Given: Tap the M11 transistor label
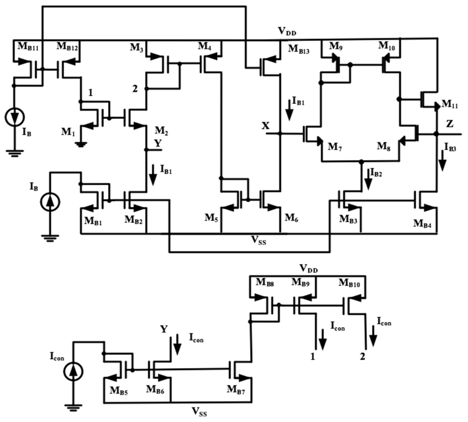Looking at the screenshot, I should point(449,104).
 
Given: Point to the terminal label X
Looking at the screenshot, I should point(266,126).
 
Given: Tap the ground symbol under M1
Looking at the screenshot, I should point(81,144).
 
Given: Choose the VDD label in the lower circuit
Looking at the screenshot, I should point(309,269).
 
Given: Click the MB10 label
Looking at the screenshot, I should point(349,283).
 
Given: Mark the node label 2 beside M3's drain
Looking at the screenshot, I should point(135,89).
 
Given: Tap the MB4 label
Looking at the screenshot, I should point(422,223).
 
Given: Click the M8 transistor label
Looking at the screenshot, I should point(384,147).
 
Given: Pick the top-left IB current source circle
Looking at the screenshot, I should point(15,117).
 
